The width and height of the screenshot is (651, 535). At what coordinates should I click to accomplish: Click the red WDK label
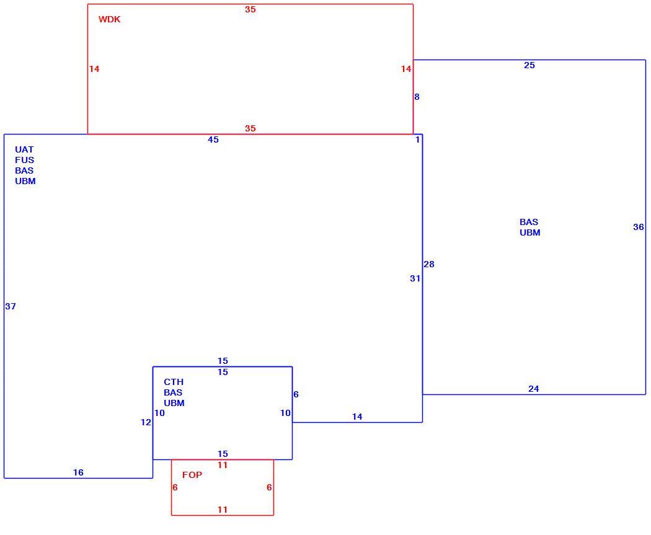(x=110, y=19)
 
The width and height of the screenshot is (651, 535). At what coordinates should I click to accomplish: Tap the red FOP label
(x=192, y=475)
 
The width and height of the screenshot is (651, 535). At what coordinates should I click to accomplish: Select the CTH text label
(x=174, y=382)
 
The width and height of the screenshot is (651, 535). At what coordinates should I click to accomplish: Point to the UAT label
(x=24, y=149)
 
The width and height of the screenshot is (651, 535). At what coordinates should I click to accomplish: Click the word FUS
(x=25, y=160)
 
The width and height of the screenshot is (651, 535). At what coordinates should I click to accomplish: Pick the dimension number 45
(x=213, y=139)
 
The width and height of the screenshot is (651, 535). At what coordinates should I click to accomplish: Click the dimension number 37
(x=11, y=306)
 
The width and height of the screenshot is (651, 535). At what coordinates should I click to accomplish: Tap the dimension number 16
(x=78, y=472)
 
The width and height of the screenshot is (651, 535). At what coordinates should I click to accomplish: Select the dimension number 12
(x=146, y=422)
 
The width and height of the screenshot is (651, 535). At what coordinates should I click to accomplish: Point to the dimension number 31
(x=415, y=278)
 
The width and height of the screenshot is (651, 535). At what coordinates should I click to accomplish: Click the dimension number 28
(x=429, y=264)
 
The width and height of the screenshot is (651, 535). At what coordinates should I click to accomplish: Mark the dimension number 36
(x=639, y=227)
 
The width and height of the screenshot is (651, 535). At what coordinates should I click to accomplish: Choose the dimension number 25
(x=529, y=65)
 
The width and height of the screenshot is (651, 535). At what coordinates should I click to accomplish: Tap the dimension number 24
(x=533, y=389)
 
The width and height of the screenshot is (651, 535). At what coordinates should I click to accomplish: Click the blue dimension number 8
(x=417, y=97)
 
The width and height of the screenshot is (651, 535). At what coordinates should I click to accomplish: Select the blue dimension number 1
(x=418, y=139)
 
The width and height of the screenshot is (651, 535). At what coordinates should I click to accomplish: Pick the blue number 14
(x=357, y=417)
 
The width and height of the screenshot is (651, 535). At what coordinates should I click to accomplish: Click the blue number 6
(x=296, y=394)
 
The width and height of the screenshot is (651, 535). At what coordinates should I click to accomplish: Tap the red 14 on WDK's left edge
(x=94, y=69)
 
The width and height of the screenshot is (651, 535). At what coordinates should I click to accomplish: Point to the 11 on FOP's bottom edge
(x=223, y=510)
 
